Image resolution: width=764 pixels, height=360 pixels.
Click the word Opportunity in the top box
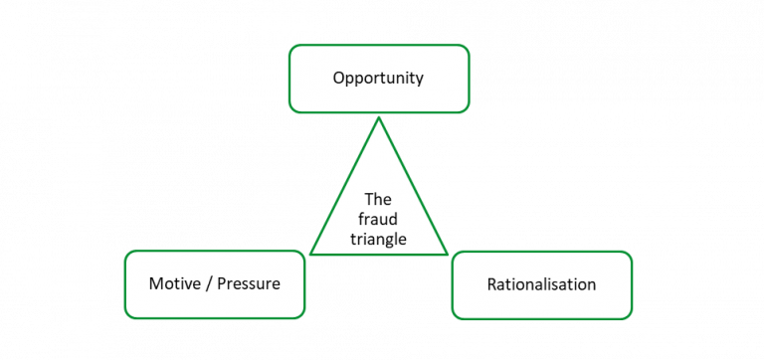(x=378, y=78)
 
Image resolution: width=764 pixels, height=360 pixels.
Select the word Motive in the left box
(x=174, y=283)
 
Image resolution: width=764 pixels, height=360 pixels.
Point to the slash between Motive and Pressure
(x=205, y=283)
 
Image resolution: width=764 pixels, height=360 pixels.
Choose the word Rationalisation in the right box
(x=541, y=284)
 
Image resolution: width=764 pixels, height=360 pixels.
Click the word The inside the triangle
(x=378, y=198)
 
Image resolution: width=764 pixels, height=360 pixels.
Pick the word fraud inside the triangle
(x=378, y=219)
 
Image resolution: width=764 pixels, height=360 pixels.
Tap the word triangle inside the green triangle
(x=378, y=240)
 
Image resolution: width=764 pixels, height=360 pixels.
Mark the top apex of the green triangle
(x=378, y=118)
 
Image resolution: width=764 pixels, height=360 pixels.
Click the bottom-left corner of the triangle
(x=311, y=255)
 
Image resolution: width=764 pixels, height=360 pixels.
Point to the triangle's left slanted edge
(x=344, y=187)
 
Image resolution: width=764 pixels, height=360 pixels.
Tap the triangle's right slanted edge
(x=412, y=187)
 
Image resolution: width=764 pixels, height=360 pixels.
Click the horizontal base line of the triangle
(x=378, y=256)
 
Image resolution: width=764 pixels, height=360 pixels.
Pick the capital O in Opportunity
(x=338, y=77)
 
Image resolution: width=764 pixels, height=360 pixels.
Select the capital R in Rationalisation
(x=491, y=284)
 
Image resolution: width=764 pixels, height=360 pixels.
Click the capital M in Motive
(x=155, y=283)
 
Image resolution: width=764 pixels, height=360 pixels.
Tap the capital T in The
(x=368, y=198)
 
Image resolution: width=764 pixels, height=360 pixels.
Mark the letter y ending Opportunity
(x=419, y=80)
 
